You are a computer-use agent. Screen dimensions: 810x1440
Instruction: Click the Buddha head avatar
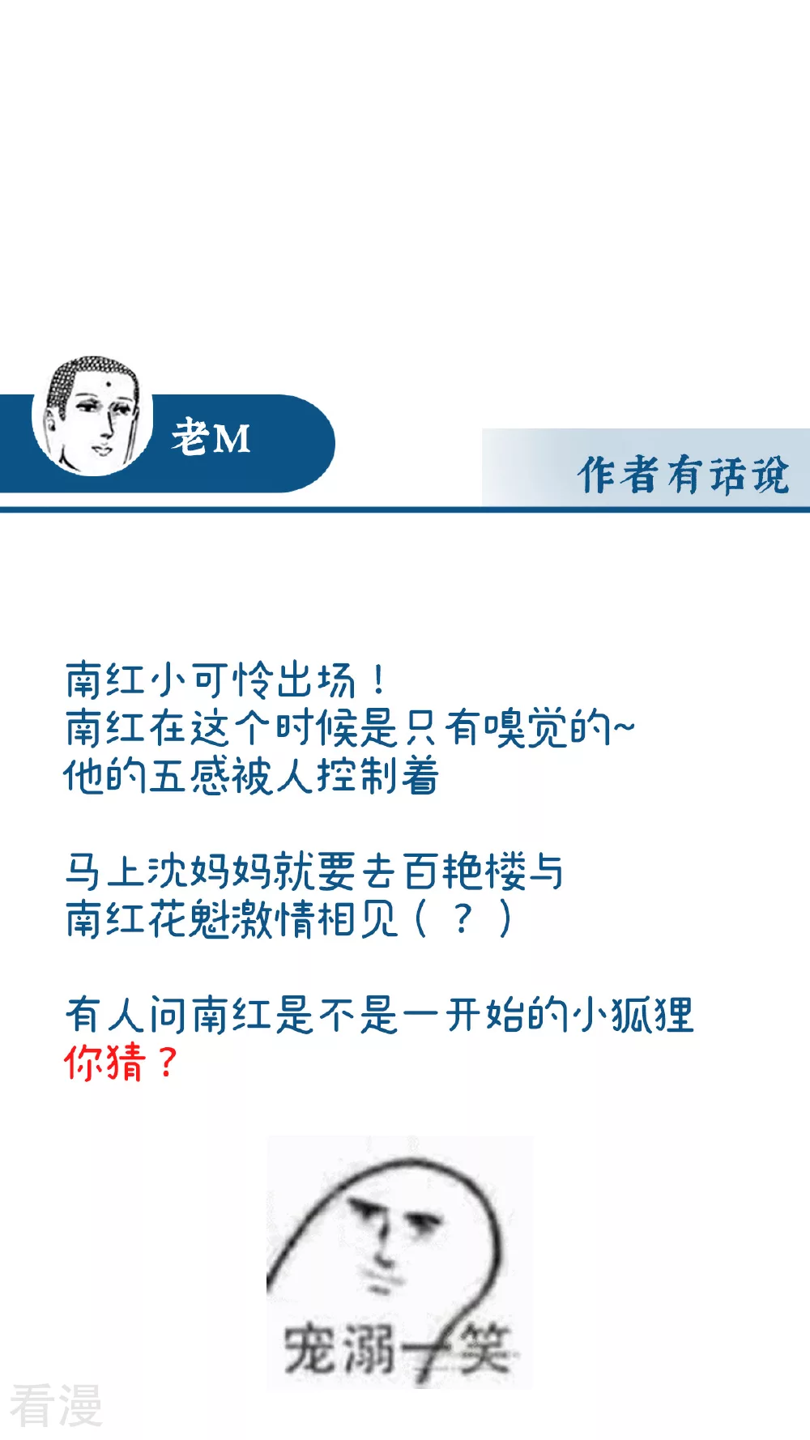click(92, 415)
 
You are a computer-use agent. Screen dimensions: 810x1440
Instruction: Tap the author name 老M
click(211, 438)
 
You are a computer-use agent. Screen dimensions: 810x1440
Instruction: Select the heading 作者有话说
click(683, 475)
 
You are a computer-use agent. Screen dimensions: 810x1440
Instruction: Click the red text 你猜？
click(121, 1063)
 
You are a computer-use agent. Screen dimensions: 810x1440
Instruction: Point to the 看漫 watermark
click(56, 1405)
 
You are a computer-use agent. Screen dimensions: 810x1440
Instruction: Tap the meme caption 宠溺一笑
click(397, 1348)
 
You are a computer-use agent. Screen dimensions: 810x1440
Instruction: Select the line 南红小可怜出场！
click(226, 680)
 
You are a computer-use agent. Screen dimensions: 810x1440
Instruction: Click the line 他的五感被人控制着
click(251, 776)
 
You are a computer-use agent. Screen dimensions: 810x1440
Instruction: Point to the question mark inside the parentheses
click(463, 919)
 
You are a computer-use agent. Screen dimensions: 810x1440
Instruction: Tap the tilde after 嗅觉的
click(623, 727)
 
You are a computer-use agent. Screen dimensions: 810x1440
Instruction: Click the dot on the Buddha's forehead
click(105, 382)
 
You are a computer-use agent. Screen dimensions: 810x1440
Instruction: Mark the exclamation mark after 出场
click(378, 680)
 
